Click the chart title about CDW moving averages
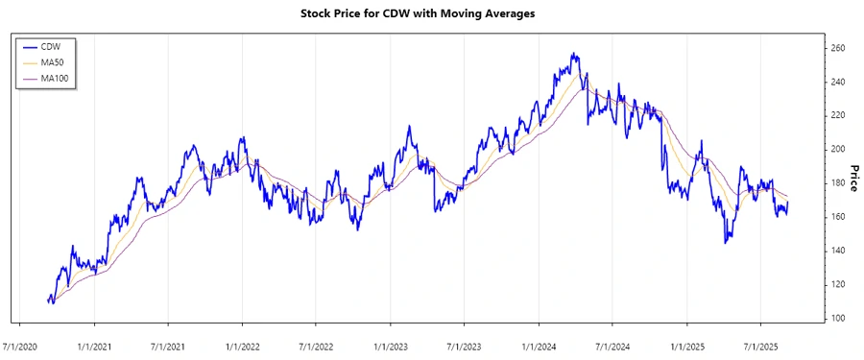pos(431,14)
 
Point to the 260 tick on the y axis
pos(837,48)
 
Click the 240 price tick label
pos(837,82)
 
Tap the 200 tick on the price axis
pos(837,149)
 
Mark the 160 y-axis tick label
pos(837,217)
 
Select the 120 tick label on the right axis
pos(837,284)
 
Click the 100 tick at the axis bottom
pos(837,318)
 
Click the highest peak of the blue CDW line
pos(573,54)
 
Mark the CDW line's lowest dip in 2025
pos(726,243)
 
